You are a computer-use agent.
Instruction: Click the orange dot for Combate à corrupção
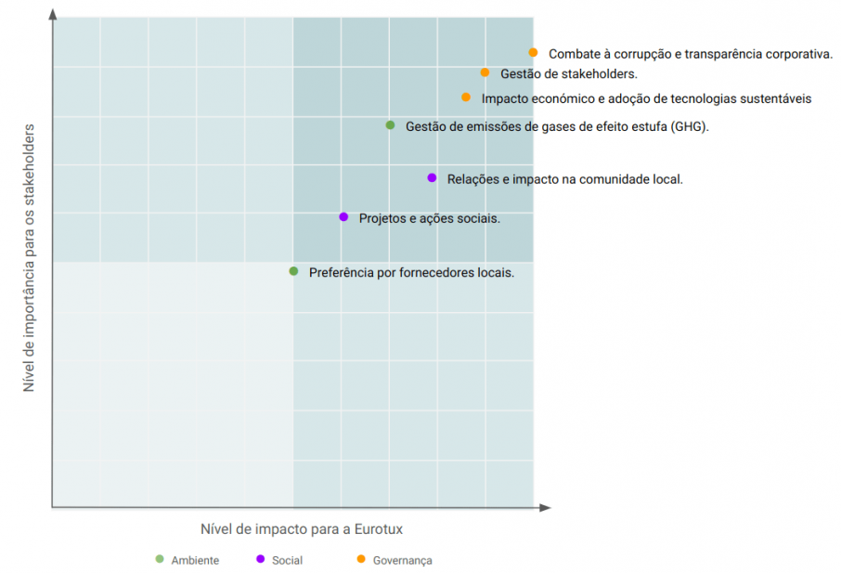pos(533,53)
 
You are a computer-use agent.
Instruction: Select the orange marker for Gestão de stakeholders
pos(485,72)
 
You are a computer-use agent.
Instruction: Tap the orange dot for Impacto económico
pos(466,97)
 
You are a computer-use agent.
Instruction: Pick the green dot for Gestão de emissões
pos(391,125)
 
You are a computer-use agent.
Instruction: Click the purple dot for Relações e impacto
pos(432,177)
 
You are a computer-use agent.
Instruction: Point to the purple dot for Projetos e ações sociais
pos(343,216)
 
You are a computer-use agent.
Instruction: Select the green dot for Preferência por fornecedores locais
pos(293,271)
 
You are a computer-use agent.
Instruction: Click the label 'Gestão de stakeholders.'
pos(568,73)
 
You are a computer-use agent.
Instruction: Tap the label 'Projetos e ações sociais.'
pos(430,218)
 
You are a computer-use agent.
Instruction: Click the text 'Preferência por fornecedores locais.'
pos(411,273)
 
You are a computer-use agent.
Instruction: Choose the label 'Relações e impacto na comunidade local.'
pos(564,179)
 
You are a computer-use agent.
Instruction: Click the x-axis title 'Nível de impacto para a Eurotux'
pos(301,529)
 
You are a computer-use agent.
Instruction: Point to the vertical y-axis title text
pos(29,257)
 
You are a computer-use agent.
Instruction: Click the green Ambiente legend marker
pos(160,559)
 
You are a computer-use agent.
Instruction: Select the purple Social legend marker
pos(260,559)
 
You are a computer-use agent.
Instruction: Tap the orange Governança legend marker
pos(361,559)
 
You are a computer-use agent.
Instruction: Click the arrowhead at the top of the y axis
pos(53,14)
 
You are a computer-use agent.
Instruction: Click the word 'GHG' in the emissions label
pos(687,127)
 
